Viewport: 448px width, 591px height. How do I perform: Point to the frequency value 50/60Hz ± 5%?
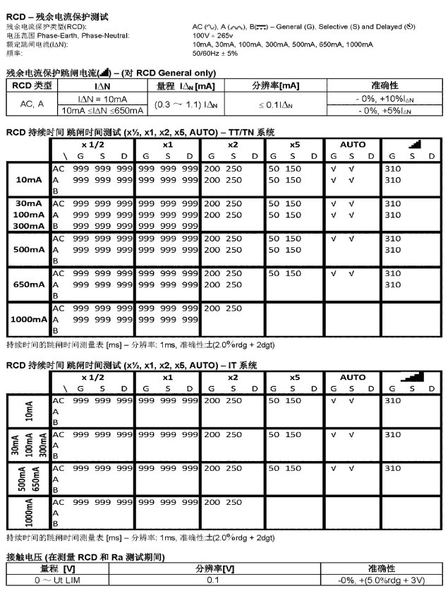click(215, 52)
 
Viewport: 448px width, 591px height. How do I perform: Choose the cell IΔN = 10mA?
click(102, 98)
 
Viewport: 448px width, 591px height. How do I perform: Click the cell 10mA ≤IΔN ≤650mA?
click(102, 109)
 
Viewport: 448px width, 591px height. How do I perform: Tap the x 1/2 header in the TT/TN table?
click(92, 145)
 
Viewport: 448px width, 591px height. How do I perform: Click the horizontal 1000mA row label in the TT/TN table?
click(28, 319)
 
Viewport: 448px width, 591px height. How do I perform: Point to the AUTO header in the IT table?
click(353, 378)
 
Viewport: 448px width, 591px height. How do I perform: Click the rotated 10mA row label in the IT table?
click(28, 410)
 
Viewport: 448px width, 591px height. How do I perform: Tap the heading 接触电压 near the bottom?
click(28, 556)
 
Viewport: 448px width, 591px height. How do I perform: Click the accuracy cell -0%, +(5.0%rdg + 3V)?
click(381, 579)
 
